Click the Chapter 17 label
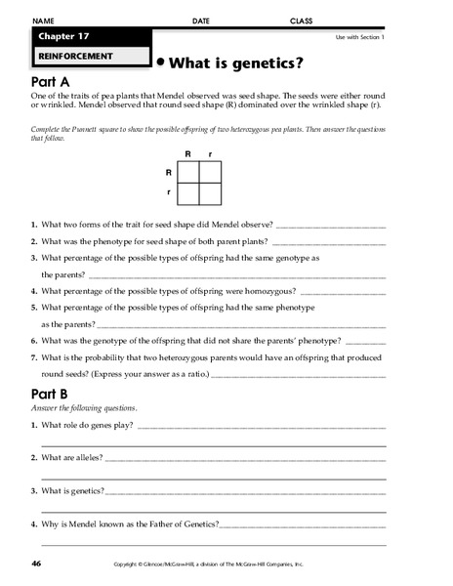click(x=65, y=36)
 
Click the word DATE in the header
click(x=201, y=20)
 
